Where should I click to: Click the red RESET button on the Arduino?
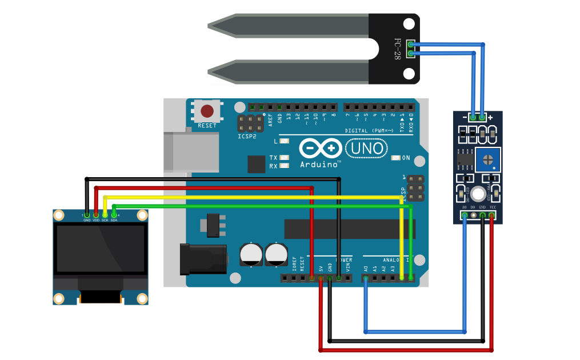[x=207, y=111]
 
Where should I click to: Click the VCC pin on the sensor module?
[x=491, y=215]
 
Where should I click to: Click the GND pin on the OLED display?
[x=87, y=215]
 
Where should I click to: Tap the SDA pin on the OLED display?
[x=114, y=215]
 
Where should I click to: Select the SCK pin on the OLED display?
[x=105, y=215]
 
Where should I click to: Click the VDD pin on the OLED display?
[x=96, y=215]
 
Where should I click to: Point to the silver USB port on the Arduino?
[x=191, y=152]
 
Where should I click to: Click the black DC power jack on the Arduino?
[x=200, y=260]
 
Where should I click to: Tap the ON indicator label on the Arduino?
[x=406, y=158]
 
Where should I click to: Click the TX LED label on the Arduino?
[x=273, y=158]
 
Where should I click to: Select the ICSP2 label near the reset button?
[x=247, y=137]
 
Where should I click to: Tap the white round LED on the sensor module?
[x=478, y=194]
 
